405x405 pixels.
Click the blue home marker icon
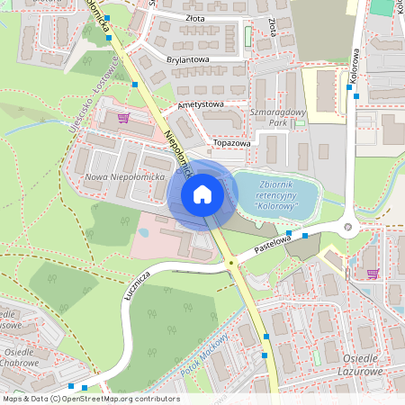coord(202,194)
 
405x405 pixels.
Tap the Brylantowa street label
coord(188,60)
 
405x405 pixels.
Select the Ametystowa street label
coord(201,104)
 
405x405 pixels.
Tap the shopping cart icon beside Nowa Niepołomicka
coord(123,117)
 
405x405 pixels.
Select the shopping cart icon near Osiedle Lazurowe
coord(371,274)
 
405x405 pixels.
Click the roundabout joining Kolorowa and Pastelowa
coord(349,226)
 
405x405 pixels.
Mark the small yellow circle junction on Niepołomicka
coord(232,263)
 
